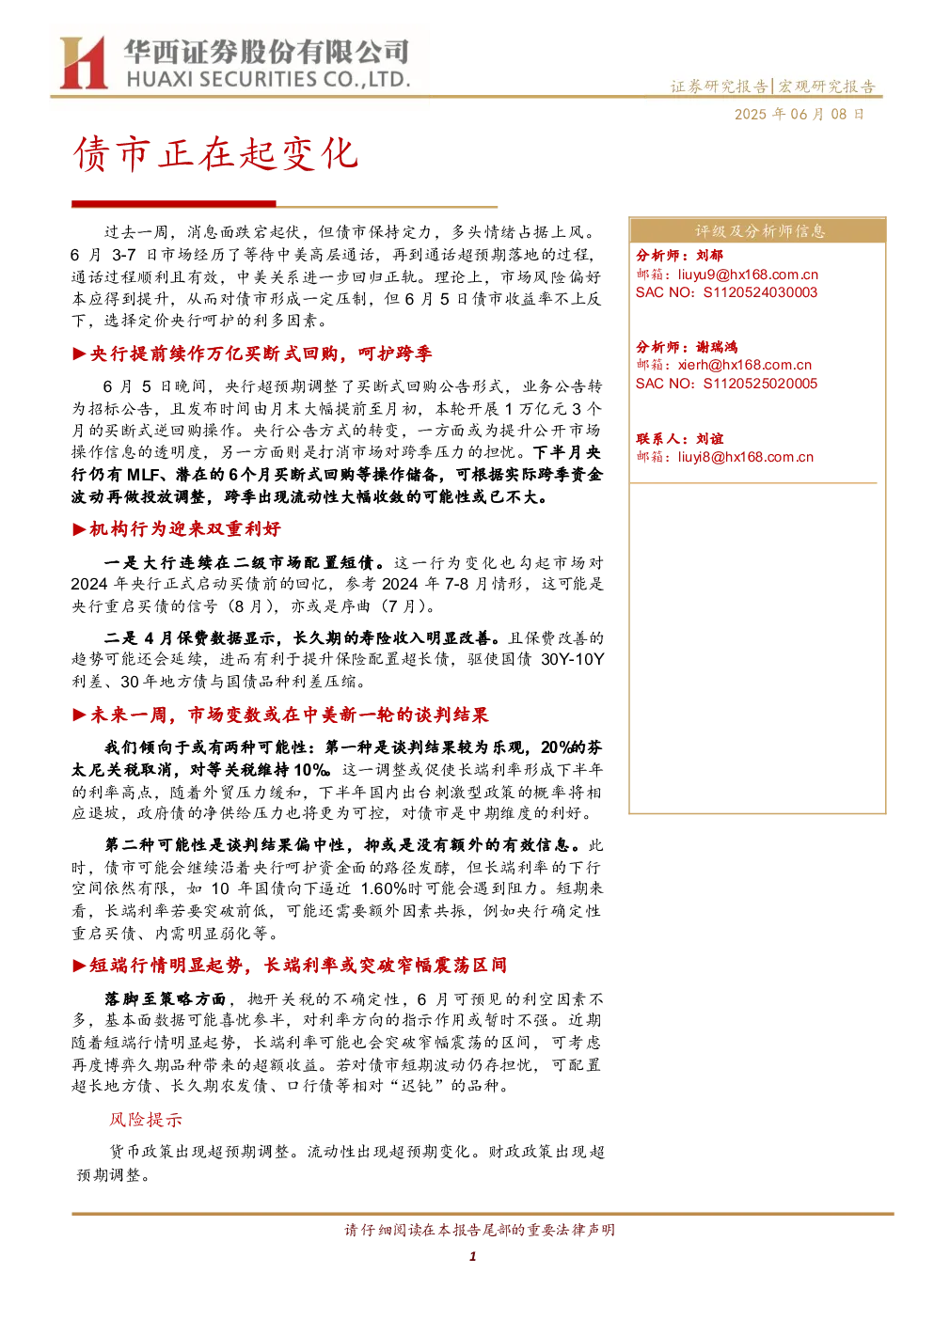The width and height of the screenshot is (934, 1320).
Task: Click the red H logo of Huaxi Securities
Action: click(x=83, y=62)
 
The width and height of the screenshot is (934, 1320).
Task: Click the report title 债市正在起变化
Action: click(x=215, y=154)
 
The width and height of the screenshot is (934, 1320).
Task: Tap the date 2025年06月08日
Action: click(x=799, y=114)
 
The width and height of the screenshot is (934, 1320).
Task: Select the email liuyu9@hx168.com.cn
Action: click(x=748, y=275)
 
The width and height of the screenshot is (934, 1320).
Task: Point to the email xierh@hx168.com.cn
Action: click(x=745, y=366)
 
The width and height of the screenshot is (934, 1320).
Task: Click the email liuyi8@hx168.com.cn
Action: click(x=745, y=457)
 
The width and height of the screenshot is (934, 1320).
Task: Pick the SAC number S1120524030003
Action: click(x=760, y=292)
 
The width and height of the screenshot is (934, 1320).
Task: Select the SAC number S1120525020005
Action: click(x=760, y=384)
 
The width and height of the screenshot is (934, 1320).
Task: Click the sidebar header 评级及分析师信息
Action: click(x=759, y=231)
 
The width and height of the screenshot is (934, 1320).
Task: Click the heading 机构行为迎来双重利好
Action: click(x=184, y=528)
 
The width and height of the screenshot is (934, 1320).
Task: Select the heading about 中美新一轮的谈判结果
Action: click(x=289, y=715)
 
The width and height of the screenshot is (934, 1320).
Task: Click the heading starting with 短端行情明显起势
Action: click(x=298, y=966)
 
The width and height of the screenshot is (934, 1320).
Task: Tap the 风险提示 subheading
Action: click(x=145, y=1120)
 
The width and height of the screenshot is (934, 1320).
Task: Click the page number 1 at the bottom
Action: click(x=472, y=1256)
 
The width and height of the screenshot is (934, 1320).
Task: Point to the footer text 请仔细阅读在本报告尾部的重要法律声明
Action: click(x=480, y=1230)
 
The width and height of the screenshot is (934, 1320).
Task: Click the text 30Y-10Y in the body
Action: click(x=572, y=659)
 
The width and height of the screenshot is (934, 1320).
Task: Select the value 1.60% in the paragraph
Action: click(x=383, y=888)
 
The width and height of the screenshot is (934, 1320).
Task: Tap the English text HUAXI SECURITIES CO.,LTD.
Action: click(x=268, y=80)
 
